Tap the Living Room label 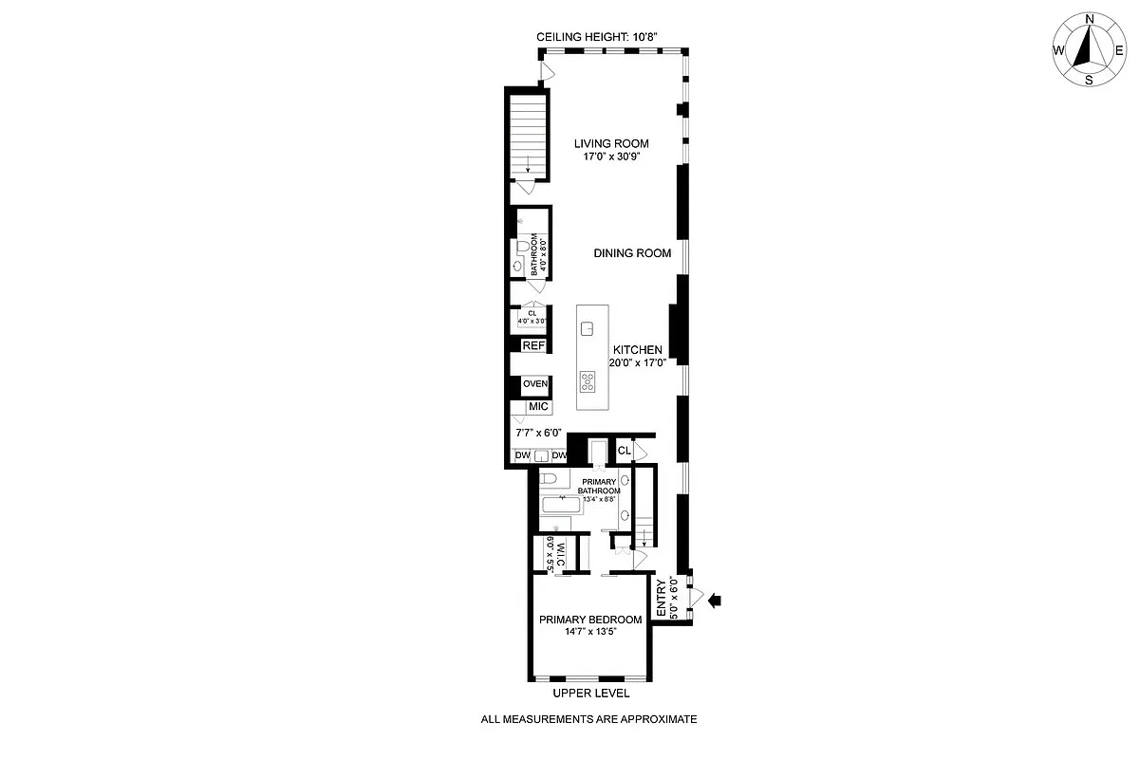coord(611,144)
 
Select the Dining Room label coord(632,253)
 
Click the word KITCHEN coord(637,350)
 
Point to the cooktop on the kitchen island coord(588,383)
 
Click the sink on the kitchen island coord(588,329)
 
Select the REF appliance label coord(534,346)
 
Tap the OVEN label coord(535,384)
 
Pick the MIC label coord(538,407)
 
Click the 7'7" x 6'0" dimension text coord(538,433)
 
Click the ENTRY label coord(662,600)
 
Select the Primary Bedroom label coord(590,620)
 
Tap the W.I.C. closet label coord(560,553)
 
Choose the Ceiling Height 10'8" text coord(597,36)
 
